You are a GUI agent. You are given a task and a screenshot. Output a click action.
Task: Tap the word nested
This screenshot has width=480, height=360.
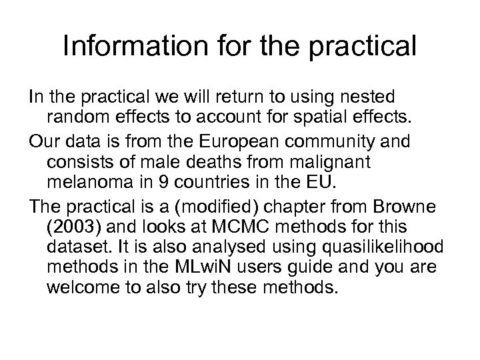357,97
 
